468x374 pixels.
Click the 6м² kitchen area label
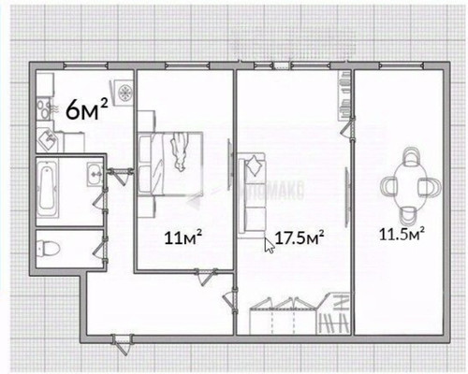tap(86, 110)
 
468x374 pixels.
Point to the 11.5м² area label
tap(403, 231)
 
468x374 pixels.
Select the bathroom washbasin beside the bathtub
tap(93, 175)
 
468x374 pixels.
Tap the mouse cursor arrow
tap(270, 245)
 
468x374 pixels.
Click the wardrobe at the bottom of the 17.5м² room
tap(286, 316)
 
